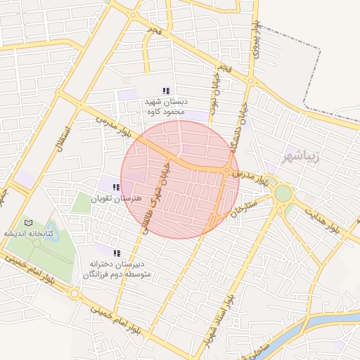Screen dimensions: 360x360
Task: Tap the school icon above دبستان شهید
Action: click(x=166, y=91)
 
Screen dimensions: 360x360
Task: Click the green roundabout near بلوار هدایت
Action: click(x=283, y=193)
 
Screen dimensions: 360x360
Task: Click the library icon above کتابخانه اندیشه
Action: click(x=29, y=223)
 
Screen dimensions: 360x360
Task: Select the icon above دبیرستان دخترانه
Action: click(x=117, y=252)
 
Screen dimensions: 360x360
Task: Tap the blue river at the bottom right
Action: click(x=330, y=321)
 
